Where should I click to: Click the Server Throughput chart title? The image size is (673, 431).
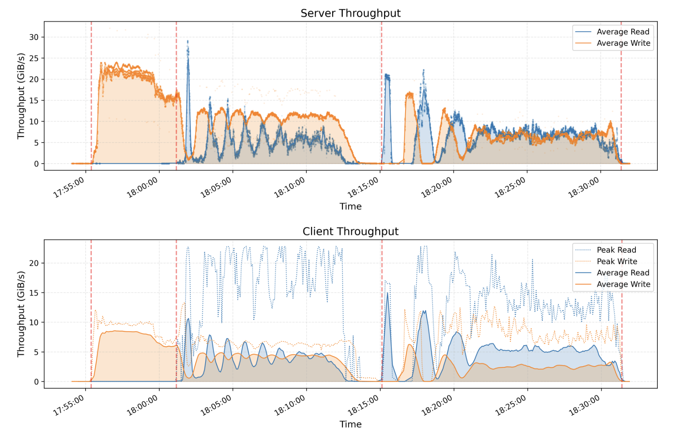click(x=350, y=13)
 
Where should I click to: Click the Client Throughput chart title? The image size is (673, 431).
click(x=350, y=232)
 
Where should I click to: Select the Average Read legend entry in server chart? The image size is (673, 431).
click(x=623, y=32)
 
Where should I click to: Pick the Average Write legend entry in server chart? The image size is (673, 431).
click(x=623, y=43)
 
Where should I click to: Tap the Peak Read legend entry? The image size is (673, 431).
click(x=616, y=250)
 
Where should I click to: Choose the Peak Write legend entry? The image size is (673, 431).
click(x=617, y=261)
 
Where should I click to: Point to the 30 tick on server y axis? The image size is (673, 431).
click(x=34, y=37)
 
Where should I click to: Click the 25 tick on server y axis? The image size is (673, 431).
click(x=34, y=58)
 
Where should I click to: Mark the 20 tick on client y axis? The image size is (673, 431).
click(x=34, y=263)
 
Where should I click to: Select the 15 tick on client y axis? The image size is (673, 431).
click(x=34, y=293)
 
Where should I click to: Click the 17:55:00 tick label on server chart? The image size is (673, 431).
click(x=69, y=187)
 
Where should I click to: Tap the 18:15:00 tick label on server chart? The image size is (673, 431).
click(x=364, y=187)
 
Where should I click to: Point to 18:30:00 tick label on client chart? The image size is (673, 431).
click(x=584, y=405)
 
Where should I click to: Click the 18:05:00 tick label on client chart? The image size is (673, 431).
click(x=216, y=405)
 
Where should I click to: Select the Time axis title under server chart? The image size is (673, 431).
click(x=350, y=206)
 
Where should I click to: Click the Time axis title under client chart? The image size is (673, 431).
click(x=350, y=424)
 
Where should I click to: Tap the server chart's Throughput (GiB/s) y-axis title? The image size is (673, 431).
click(x=21, y=96)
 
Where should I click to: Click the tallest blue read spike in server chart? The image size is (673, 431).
click(x=188, y=42)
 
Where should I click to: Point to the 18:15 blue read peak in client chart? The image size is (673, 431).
click(x=387, y=293)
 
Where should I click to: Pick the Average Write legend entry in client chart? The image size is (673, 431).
click(x=623, y=284)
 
